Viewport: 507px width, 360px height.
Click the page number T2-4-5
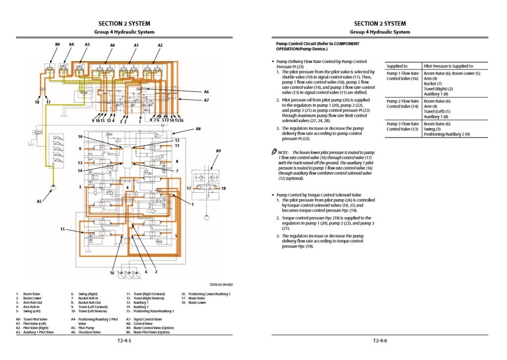click(124, 341)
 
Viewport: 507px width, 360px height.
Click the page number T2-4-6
click(380, 341)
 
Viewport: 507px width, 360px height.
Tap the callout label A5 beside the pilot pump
click(39, 201)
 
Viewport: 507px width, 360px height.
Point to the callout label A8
click(198, 128)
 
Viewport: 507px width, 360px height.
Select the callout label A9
click(218, 150)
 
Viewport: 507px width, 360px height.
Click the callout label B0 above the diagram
click(58, 45)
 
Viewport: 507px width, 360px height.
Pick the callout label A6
click(207, 91)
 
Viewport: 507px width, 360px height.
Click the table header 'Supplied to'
click(397, 66)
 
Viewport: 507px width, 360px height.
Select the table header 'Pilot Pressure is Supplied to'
click(448, 66)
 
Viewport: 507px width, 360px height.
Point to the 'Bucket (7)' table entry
click(433, 83)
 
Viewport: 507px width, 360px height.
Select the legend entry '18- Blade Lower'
click(194, 302)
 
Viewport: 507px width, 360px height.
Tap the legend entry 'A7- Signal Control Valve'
click(144, 319)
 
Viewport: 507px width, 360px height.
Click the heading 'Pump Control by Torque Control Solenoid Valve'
click(319, 195)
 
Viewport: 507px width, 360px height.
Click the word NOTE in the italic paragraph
click(284, 152)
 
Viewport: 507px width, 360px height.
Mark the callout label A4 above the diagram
click(72, 45)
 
